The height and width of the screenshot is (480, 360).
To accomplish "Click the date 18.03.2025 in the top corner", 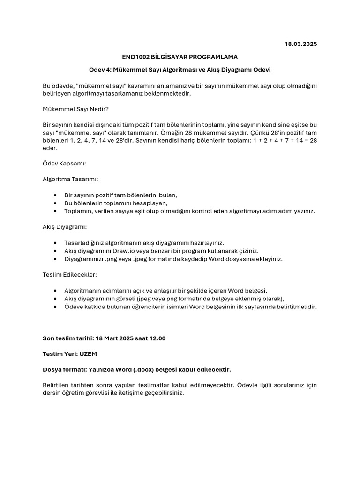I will click(x=300, y=44).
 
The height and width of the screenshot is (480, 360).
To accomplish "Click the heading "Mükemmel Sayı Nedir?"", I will click(x=75, y=109).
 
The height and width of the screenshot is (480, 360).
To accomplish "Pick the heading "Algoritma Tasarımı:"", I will click(x=70, y=179).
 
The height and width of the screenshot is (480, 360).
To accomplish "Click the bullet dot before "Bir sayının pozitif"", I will click(x=56, y=195).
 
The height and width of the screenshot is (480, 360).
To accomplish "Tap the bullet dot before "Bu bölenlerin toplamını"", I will click(x=56, y=203).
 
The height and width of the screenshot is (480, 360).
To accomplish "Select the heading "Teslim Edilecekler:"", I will click(x=70, y=275).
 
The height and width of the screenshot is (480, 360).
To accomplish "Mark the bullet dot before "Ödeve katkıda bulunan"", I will click(x=56, y=307).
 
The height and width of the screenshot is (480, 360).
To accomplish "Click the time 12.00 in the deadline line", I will click(x=156, y=338).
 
